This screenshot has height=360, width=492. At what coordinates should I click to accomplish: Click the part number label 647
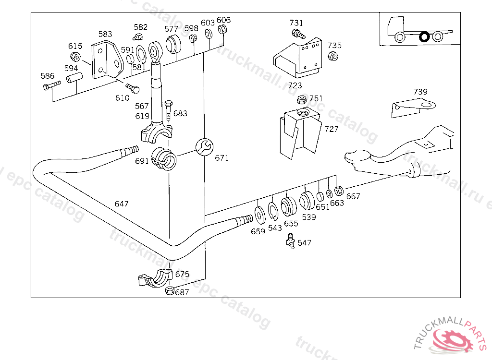pyautogui.click(x=122, y=204)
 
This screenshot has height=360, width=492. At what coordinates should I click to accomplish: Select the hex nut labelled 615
pyautogui.click(x=75, y=57)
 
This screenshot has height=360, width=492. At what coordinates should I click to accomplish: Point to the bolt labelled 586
pyautogui.click(x=52, y=85)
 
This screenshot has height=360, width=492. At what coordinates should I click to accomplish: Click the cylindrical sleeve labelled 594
pyautogui.click(x=74, y=78)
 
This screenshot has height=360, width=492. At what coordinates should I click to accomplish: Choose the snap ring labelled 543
pyautogui.click(x=273, y=211)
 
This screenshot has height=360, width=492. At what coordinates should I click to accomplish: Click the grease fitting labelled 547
pyautogui.click(x=290, y=241)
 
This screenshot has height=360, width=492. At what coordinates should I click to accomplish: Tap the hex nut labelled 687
pyautogui.click(x=170, y=290)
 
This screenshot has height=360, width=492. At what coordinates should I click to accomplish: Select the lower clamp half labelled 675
pyautogui.click(x=156, y=278)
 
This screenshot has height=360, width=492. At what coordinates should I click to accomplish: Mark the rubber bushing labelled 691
pyautogui.click(x=163, y=159)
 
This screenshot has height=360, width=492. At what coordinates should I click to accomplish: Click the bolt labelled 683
pyautogui.click(x=169, y=110)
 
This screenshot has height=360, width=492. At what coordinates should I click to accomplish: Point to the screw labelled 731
pyautogui.click(x=298, y=34)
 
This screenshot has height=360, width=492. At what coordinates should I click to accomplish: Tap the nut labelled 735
pyautogui.click(x=333, y=57)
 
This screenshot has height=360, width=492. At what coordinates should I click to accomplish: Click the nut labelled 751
pyautogui.click(x=302, y=100)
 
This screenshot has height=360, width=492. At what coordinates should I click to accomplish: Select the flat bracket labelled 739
pyautogui.click(x=413, y=108)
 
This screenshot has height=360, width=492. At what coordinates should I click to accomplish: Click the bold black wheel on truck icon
pyautogui.click(x=424, y=36)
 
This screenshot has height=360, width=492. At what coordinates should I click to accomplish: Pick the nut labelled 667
pyautogui.click(x=339, y=191)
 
